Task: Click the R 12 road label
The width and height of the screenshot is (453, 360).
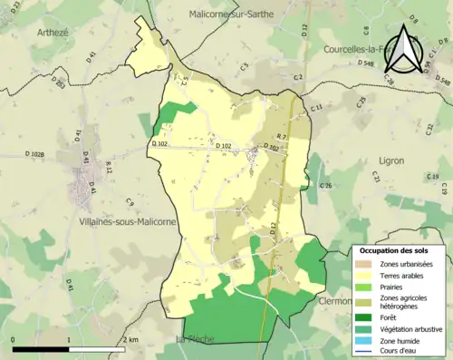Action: tap(109, 166)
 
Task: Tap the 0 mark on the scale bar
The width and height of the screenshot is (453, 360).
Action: tap(14, 339)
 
